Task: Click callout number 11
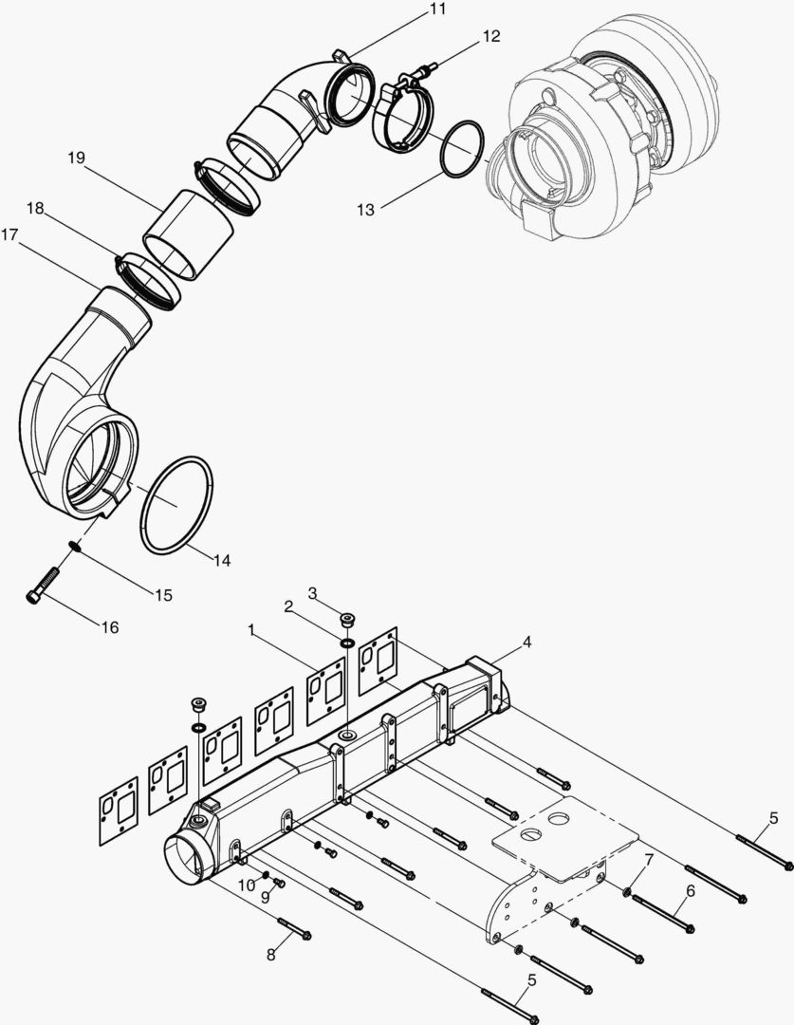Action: (x=437, y=9)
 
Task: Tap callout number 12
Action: (x=490, y=37)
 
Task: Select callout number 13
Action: (x=366, y=210)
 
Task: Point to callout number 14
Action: (x=222, y=560)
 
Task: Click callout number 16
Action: (x=110, y=627)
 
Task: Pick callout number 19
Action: (x=77, y=158)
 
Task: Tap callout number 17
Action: (x=9, y=234)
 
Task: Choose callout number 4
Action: (x=526, y=642)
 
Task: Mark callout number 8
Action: (x=271, y=955)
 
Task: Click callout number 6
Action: (x=691, y=891)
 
